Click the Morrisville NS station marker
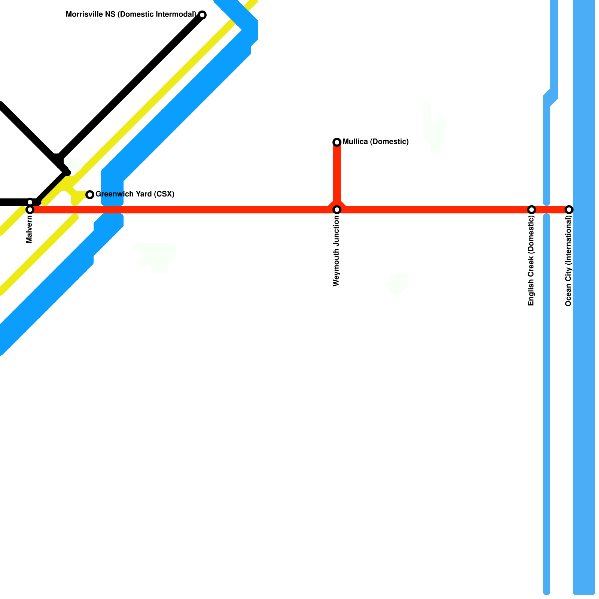pyautogui.click(x=202, y=15)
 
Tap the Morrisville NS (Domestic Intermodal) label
pyautogui.click(x=131, y=15)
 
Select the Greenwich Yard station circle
pyautogui.click(x=90, y=194)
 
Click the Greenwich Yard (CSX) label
pyautogui.click(x=135, y=194)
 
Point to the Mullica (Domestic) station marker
pyautogui.click(x=337, y=142)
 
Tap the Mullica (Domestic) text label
pyautogui.click(x=375, y=142)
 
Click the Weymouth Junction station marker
pyautogui.click(x=337, y=210)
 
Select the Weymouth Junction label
pyautogui.click(x=336, y=251)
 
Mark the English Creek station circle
pyautogui.click(x=532, y=210)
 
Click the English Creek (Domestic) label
pyautogui.click(x=531, y=261)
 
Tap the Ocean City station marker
pyautogui.click(x=569, y=210)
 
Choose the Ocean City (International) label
pyautogui.click(x=568, y=261)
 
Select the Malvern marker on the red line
pyautogui.click(x=30, y=210)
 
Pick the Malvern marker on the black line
pyautogui.click(x=30, y=202)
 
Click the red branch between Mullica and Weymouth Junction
pyautogui.click(x=337, y=172)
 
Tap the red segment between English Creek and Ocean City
pyautogui.click(x=550, y=210)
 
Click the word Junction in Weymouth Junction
pyautogui.click(x=336, y=232)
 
